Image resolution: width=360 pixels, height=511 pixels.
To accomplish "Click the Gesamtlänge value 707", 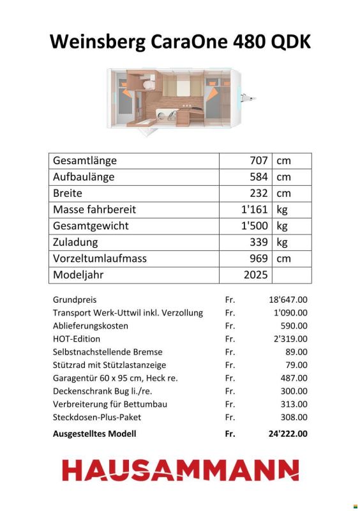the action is point(259,161).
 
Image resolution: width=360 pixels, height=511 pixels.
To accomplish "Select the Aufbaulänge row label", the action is point(83,177).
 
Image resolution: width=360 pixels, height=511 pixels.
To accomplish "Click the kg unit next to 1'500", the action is point(282,226).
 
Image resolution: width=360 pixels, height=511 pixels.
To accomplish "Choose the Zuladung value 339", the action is point(259,242).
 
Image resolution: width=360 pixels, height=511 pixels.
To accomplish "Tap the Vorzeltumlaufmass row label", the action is point(100,259).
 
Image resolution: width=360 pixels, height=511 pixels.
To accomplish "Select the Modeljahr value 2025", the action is point(255,275).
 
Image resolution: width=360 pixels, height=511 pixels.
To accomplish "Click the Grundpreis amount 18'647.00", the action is point(287,299).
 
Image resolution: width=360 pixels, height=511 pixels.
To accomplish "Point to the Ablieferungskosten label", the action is point(90,326).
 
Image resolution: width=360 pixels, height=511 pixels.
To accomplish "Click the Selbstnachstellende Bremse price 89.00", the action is point(296,352).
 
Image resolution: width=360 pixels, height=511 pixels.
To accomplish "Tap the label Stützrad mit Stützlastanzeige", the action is point(109,365).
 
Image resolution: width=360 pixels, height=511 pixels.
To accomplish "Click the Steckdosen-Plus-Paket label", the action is point(97,417).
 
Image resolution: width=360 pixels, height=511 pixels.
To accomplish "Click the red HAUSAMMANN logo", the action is point(180,469).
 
